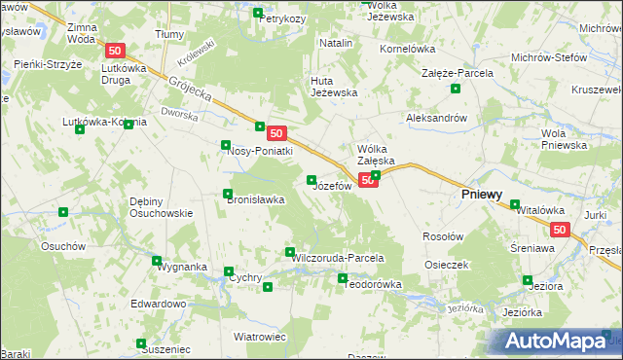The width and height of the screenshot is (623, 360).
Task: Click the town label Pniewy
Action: (481, 195)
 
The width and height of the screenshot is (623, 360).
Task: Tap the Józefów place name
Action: (332, 186)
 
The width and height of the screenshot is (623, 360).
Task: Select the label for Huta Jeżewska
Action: (334, 87)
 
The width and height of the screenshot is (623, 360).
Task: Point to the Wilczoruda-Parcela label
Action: (336, 258)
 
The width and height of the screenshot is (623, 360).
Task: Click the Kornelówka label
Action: (407, 47)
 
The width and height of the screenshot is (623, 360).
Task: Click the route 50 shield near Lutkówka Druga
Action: (115, 51)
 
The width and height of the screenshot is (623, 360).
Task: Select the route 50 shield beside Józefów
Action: (367, 180)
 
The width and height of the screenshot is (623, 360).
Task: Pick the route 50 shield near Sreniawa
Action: (559, 230)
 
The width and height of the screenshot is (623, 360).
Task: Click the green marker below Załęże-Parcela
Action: (455, 90)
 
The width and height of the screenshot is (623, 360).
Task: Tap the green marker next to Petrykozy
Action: (258, 14)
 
